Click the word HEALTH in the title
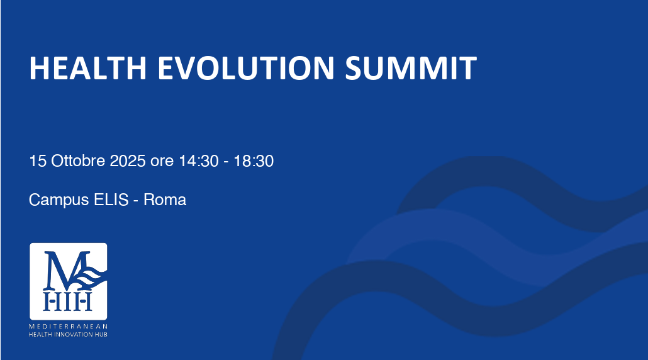pyautogui.click(x=87, y=68)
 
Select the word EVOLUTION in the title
pyautogui.click(x=246, y=68)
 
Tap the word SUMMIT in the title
pyautogui.click(x=411, y=68)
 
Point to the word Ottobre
pyautogui.click(x=78, y=160)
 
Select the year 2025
pyautogui.click(x=127, y=160)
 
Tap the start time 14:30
pyautogui.click(x=199, y=160)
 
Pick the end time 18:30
pyautogui.click(x=254, y=160)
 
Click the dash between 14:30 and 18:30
pyautogui.click(x=226, y=162)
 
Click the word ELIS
pyautogui.click(x=111, y=200)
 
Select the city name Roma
pyautogui.click(x=165, y=200)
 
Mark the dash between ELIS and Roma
pyautogui.click(x=136, y=201)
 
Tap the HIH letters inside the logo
pyautogui.click(x=68, y=301)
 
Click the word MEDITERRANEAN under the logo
pyautogui.click(x=68, y=327)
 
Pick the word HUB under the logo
pyautogui.click(x=102, y=334)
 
